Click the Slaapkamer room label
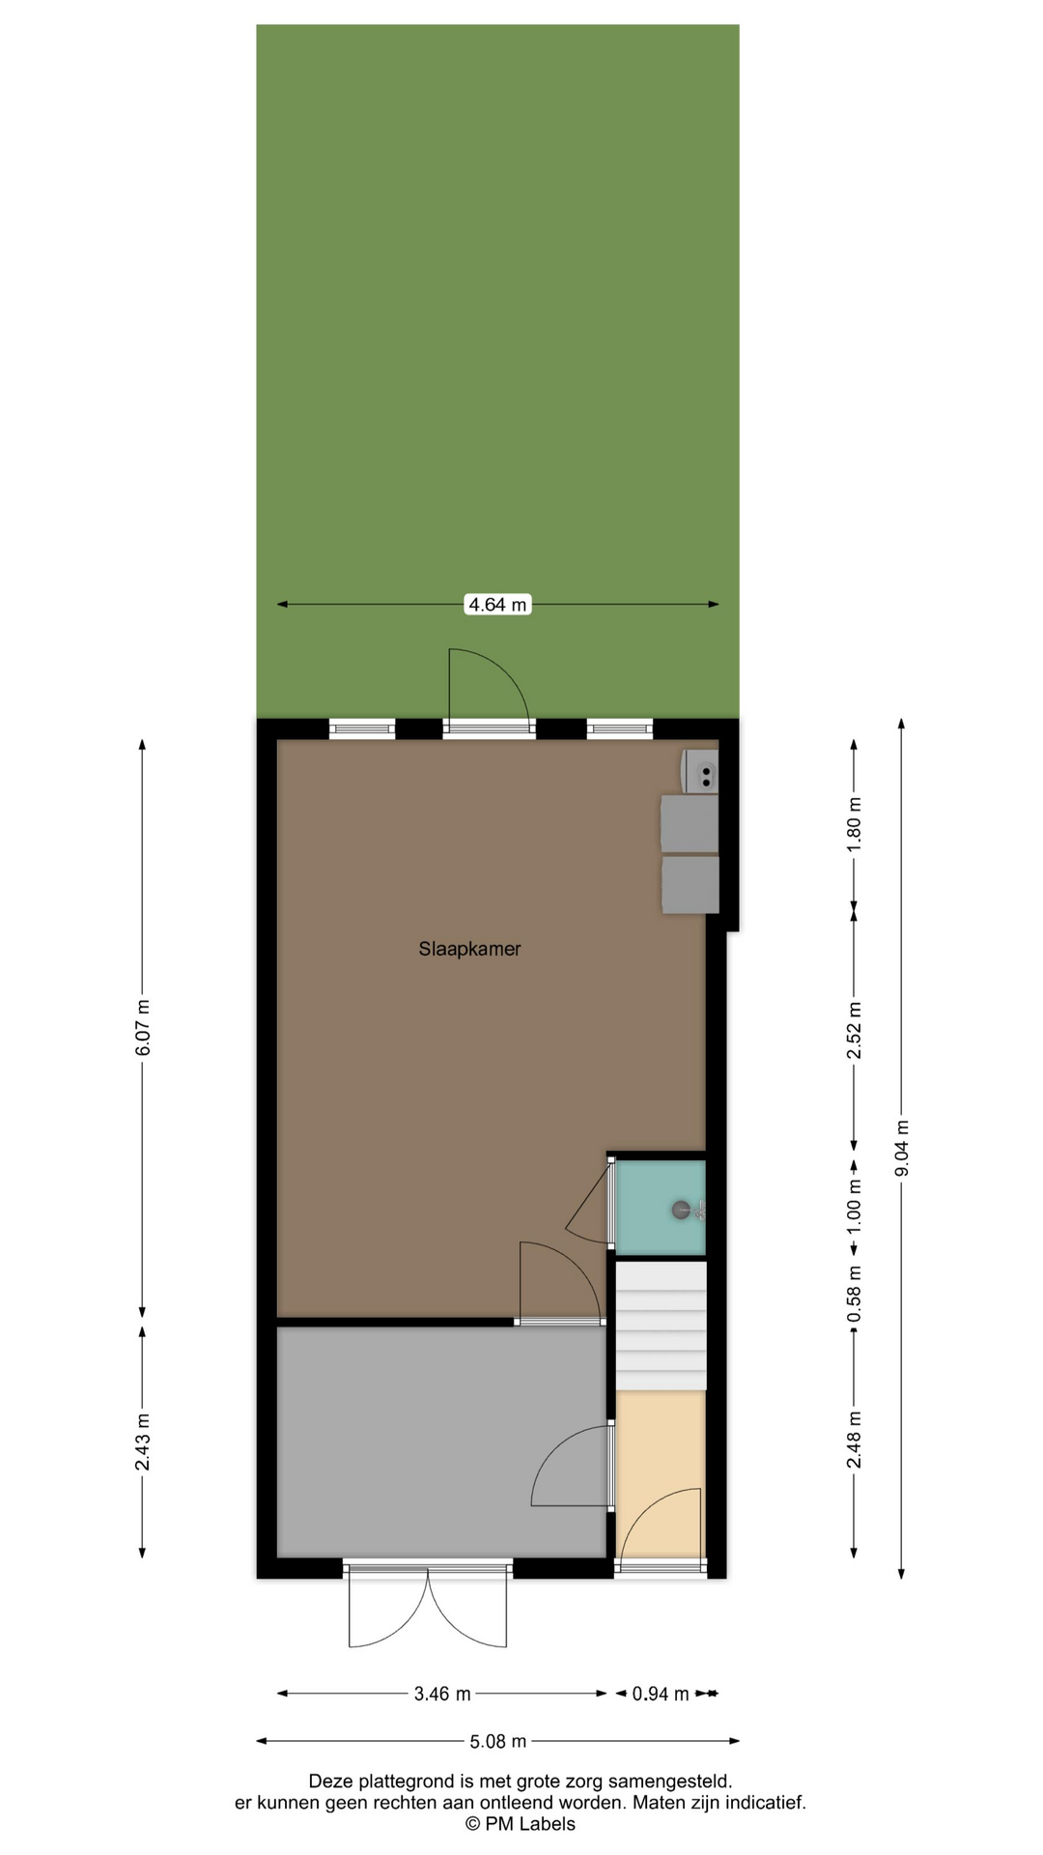[x=469, y=949]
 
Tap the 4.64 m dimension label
[x=497, y=605]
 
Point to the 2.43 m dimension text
[x=143, y=1441]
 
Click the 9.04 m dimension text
[x=902, y=1148]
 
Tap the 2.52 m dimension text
[x=854, y=1030]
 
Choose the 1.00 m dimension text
[x=854, y=1208]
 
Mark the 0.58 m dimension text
[x=854, y=1295]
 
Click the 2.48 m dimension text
[x=854, y=1439]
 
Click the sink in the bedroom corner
[x=700, y=771]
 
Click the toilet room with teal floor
[x=661, y=1208]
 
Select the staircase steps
[x=662, y=1326]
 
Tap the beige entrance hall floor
[x=661, y=1473]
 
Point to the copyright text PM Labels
[x=521, y=1824]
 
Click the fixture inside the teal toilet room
[x=689, y=1210]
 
